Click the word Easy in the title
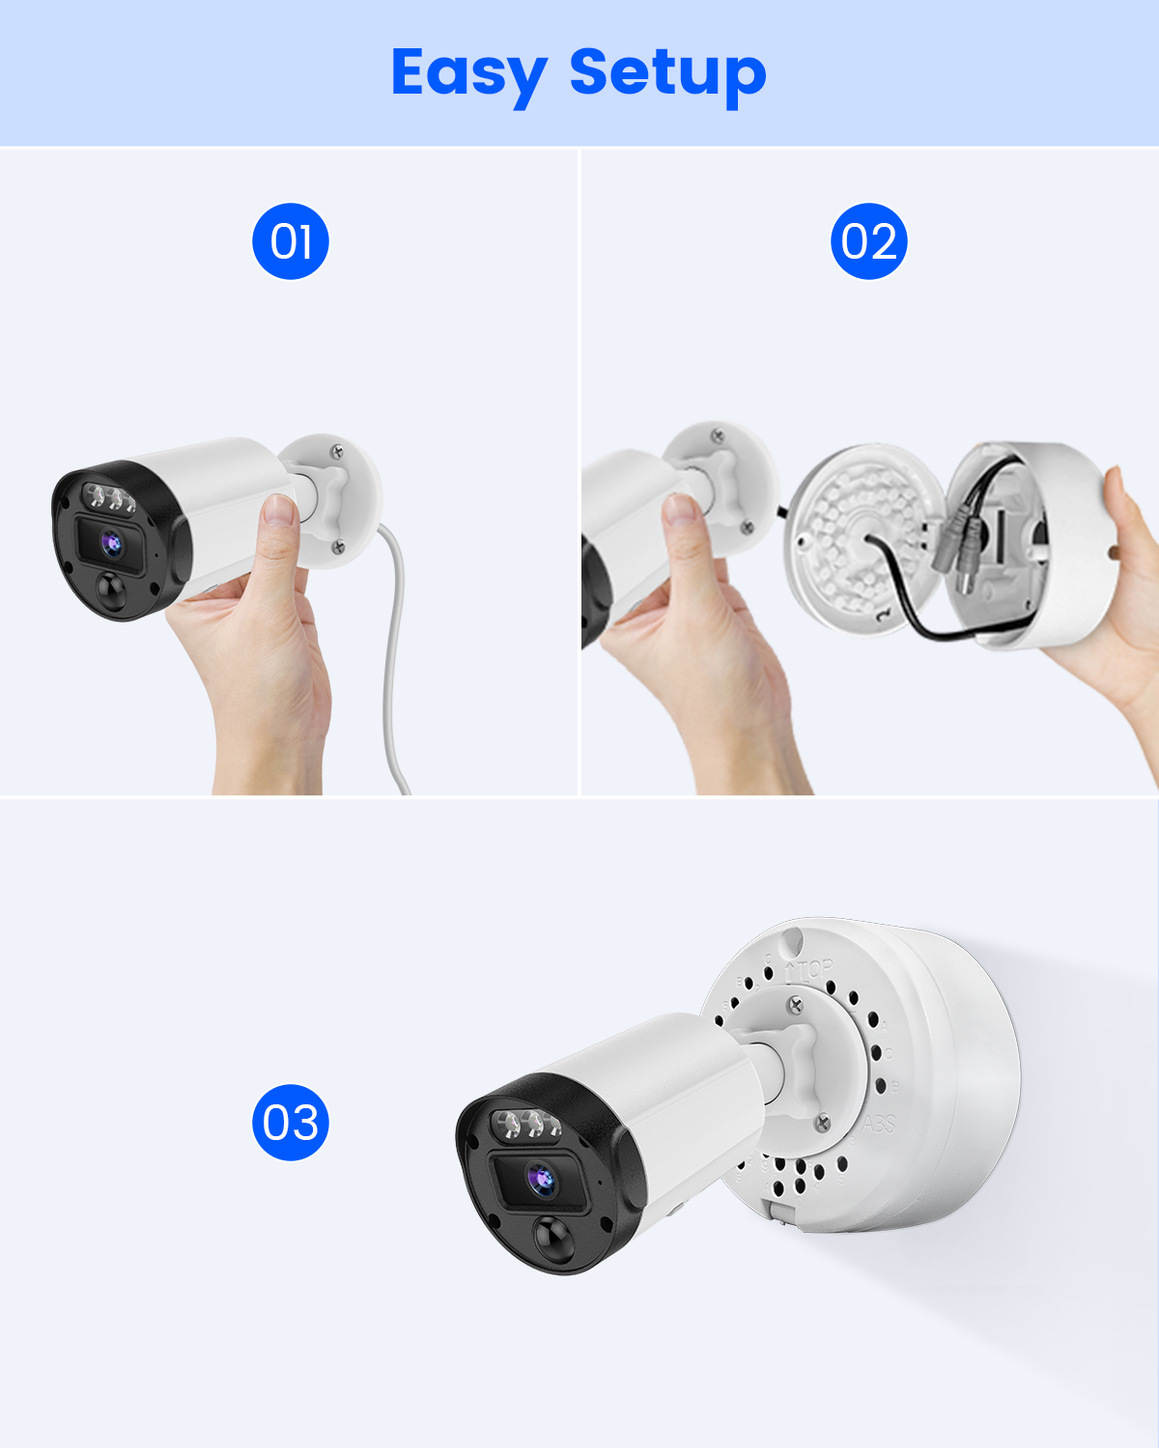click(469, 75)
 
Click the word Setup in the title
click(668, 75)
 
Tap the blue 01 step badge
click(291, 241)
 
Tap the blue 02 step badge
click(868, 241)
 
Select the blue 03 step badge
click(291, 1123)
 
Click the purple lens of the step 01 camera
click(112, 543)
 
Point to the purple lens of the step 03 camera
click(541, 1179)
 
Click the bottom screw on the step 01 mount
click(339, 546)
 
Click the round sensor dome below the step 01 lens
click(111, 592)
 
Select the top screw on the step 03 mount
click(795, 1006)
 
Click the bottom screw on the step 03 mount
click(823, 1122)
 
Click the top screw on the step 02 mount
click(718, 437)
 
